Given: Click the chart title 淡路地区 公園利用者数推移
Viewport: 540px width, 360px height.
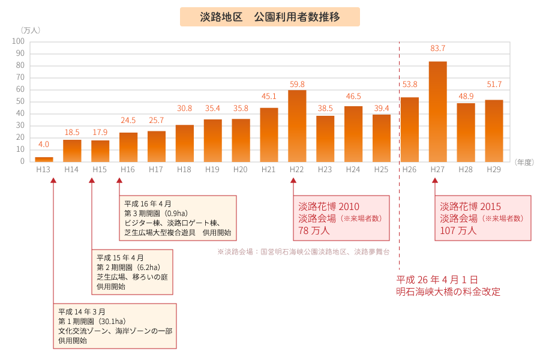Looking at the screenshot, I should pyautogui.click(x=270, y=17).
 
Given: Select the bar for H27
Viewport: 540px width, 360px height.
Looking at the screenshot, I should pyautogui.click(x=437, y=111).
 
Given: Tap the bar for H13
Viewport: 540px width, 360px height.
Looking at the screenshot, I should pyautogui.click(x=44, y=159).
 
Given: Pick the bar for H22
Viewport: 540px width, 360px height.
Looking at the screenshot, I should pyautogui.click(x=297, y=125).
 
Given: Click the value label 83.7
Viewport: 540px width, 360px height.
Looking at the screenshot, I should pyautogui.click(x=437, y=49).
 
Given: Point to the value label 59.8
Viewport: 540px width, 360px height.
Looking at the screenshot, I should pyautogui.click(x=297, y=84).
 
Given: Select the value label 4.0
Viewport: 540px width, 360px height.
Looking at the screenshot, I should pyautogui.click(x=44, y=145).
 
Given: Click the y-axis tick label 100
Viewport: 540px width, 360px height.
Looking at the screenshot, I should pyautogui.click(x=18, y=41).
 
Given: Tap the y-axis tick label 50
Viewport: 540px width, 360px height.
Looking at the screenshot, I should pyautogui.click(x=20, y=101).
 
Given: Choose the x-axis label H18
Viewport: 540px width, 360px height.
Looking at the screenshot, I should pyautogui.click(x=184, y=170).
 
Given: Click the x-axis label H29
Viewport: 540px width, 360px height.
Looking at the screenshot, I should pyautogui.click(x=493, y=170).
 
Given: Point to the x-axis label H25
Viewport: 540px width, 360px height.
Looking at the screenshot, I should pyautogui.click(x=381, y=170).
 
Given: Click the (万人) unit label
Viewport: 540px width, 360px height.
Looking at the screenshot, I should pyautogui.click(x=29, y=30).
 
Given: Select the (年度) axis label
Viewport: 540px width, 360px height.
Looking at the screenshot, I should pyautogui.click(x=524, y=162).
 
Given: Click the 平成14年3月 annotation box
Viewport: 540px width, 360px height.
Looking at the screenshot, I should pyautogui.click(x=115, y=326).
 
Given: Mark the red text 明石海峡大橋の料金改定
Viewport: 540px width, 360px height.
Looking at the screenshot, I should pyautogui.click(x=448, y=292).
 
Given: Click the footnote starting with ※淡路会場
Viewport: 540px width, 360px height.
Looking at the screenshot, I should pyautogui.click(x=303, y=252).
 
